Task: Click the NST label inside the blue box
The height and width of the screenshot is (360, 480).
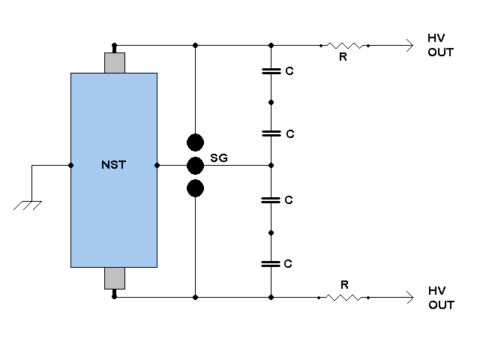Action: (x=113, y=166)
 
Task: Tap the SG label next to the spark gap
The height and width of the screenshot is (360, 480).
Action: (x=218, y=158)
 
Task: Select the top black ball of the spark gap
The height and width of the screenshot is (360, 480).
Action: (x=195, y=142)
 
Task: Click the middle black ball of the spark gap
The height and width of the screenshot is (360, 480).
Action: (x=195, y=166)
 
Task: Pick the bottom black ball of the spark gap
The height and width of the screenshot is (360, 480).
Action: (x=195, y=188)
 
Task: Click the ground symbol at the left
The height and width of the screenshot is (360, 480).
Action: (x=28, y=203)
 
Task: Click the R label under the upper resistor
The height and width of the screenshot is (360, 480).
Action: (x=343, y=57)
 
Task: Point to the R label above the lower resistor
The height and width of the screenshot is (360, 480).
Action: (x=343, y=285)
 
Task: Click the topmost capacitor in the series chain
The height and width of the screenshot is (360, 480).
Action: (x=271, y=72)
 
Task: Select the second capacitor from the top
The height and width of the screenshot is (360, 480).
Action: (x=271, y=133)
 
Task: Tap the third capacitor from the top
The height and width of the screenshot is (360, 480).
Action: (x=271, y=200)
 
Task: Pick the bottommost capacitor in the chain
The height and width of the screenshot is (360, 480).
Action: (x=271, y=263)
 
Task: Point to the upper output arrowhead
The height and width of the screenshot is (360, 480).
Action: (x=408, y=46)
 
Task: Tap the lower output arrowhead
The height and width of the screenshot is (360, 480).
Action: (x=408, y=298)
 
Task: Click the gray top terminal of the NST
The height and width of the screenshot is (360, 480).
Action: (x=114, y=63)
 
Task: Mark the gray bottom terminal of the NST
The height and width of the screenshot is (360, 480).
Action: (x=114, y=278)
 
